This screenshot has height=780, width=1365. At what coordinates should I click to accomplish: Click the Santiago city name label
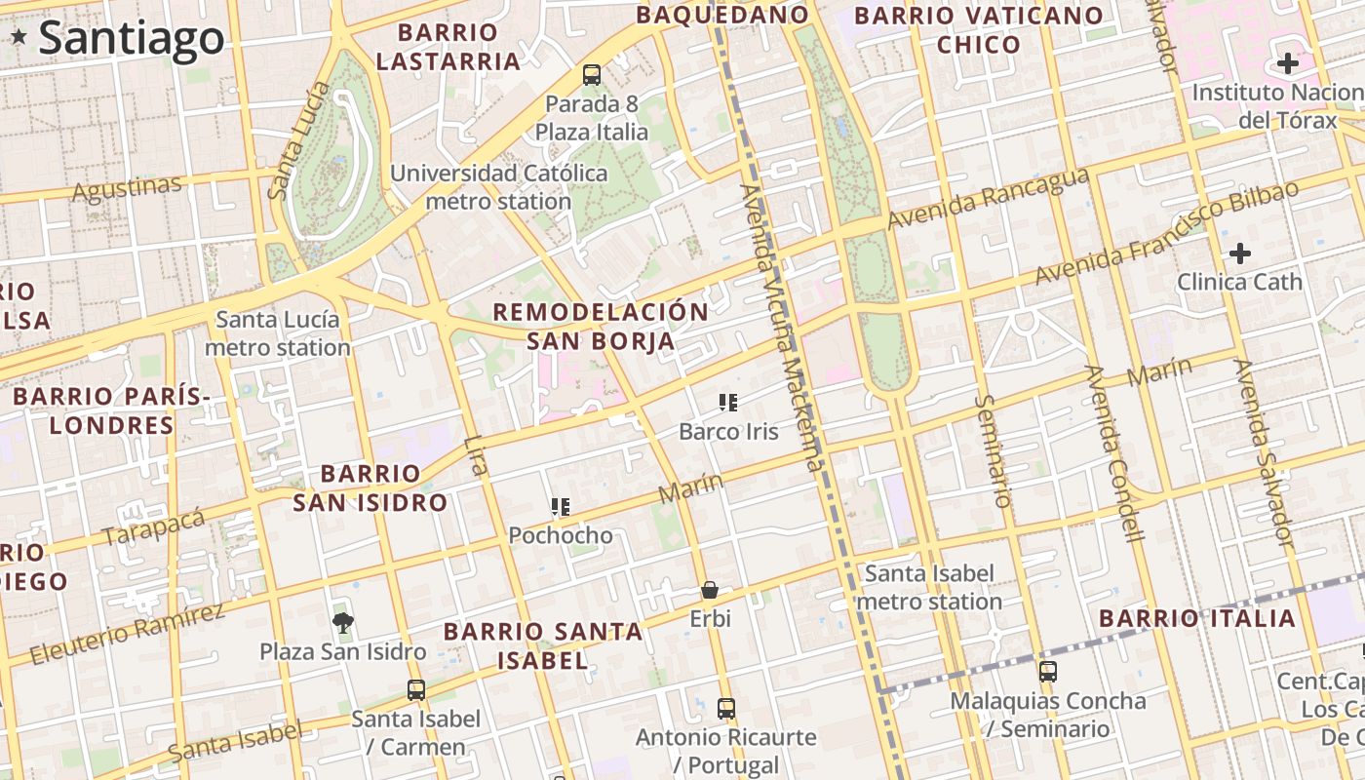click(132, 39)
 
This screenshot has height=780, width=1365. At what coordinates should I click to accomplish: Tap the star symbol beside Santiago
click(19, 37)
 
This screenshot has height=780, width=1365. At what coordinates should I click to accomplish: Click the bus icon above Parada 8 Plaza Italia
click(592, 74)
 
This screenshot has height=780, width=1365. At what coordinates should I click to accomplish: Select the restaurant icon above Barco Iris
click(727, 402)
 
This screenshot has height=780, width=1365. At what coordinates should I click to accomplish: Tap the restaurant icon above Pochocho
click(560, 506)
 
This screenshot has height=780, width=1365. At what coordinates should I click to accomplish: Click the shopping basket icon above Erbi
click(710, 590)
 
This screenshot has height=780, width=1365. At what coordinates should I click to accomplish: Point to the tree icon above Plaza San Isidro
click(342, 621)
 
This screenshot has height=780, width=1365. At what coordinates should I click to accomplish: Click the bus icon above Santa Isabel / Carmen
click(416, 690)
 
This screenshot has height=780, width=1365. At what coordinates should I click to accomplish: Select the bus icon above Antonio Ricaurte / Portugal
click(726, 709)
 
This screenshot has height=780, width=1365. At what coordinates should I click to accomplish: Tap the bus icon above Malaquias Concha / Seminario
click(1048, 672)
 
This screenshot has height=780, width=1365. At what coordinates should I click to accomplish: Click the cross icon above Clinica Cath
click(1239, 254)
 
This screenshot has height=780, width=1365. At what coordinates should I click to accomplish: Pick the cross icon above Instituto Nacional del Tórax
click(1287, 64)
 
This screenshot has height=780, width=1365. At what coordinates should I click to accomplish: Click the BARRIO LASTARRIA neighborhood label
click(448, 47)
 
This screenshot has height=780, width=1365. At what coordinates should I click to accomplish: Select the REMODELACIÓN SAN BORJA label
click(601, 327)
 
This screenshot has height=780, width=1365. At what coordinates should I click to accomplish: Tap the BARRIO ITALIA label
click(1197, 618)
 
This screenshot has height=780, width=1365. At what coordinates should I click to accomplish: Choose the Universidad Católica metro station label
click(498, 187)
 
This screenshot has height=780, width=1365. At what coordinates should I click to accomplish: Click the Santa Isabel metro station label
click(929, 587)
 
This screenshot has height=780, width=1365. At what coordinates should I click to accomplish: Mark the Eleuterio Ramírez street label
click(127, 635)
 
